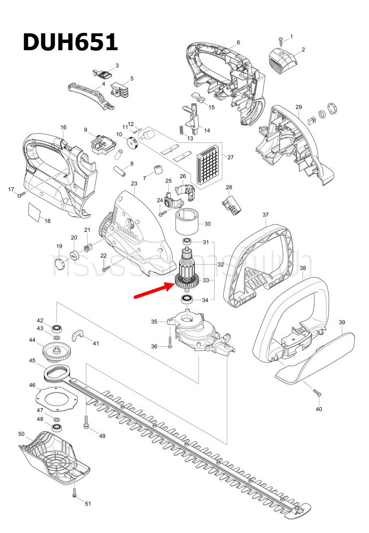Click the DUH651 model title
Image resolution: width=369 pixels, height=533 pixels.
click(70, 42)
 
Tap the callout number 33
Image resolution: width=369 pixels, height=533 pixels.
click(205, 281)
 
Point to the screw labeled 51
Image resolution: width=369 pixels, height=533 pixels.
click(75, 492)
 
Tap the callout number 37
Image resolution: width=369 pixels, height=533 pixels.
click(265, 215)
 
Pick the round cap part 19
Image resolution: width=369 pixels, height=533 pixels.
click(59, 264)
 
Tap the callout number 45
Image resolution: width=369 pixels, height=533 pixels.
click(32, 361)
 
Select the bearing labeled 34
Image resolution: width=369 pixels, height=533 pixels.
click(187, 300)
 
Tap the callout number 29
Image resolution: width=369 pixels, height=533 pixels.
click(299, 107)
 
